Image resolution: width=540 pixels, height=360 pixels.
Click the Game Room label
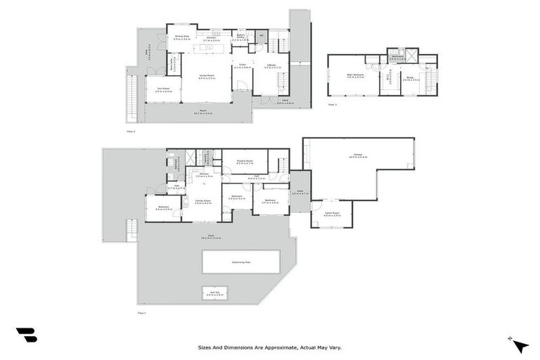(x=332, y=213)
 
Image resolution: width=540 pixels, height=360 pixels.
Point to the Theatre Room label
(x=245, y=162)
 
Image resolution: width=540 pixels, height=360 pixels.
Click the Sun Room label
(x=163, y=89)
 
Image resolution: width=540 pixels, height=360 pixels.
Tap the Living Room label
(x=207, y=77)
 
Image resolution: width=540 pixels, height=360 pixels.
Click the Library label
(x=272, y=66)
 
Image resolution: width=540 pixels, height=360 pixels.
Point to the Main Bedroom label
(x=354, y=76)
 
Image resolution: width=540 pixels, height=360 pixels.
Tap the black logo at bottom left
(x=26, y=335)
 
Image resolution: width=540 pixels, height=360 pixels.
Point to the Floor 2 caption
(x=130, y=131)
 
